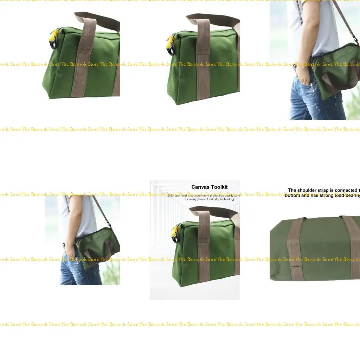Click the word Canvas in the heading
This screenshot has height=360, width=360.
click(199, 187)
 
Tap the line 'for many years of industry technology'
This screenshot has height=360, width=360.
click(210, 199)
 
